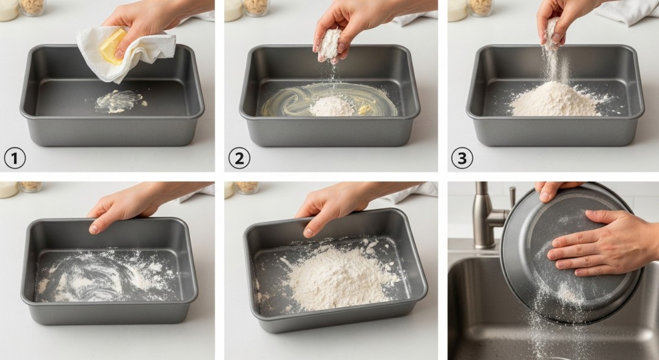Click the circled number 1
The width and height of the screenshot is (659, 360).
coord(15,158)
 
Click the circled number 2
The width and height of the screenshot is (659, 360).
coord(239,158)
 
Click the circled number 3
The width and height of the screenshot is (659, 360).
coord(462,158)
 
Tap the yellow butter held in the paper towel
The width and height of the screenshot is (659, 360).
coord(113,46)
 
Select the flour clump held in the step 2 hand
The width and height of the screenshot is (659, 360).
coord(330,43)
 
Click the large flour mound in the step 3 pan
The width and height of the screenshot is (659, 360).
coord(555,101)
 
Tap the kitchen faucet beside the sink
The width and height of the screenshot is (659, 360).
coord(486,214)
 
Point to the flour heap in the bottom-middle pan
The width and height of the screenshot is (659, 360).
coord(336,278)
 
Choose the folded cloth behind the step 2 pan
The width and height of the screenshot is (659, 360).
coord(415,17)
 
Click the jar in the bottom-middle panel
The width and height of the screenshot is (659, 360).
coord(247,186)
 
